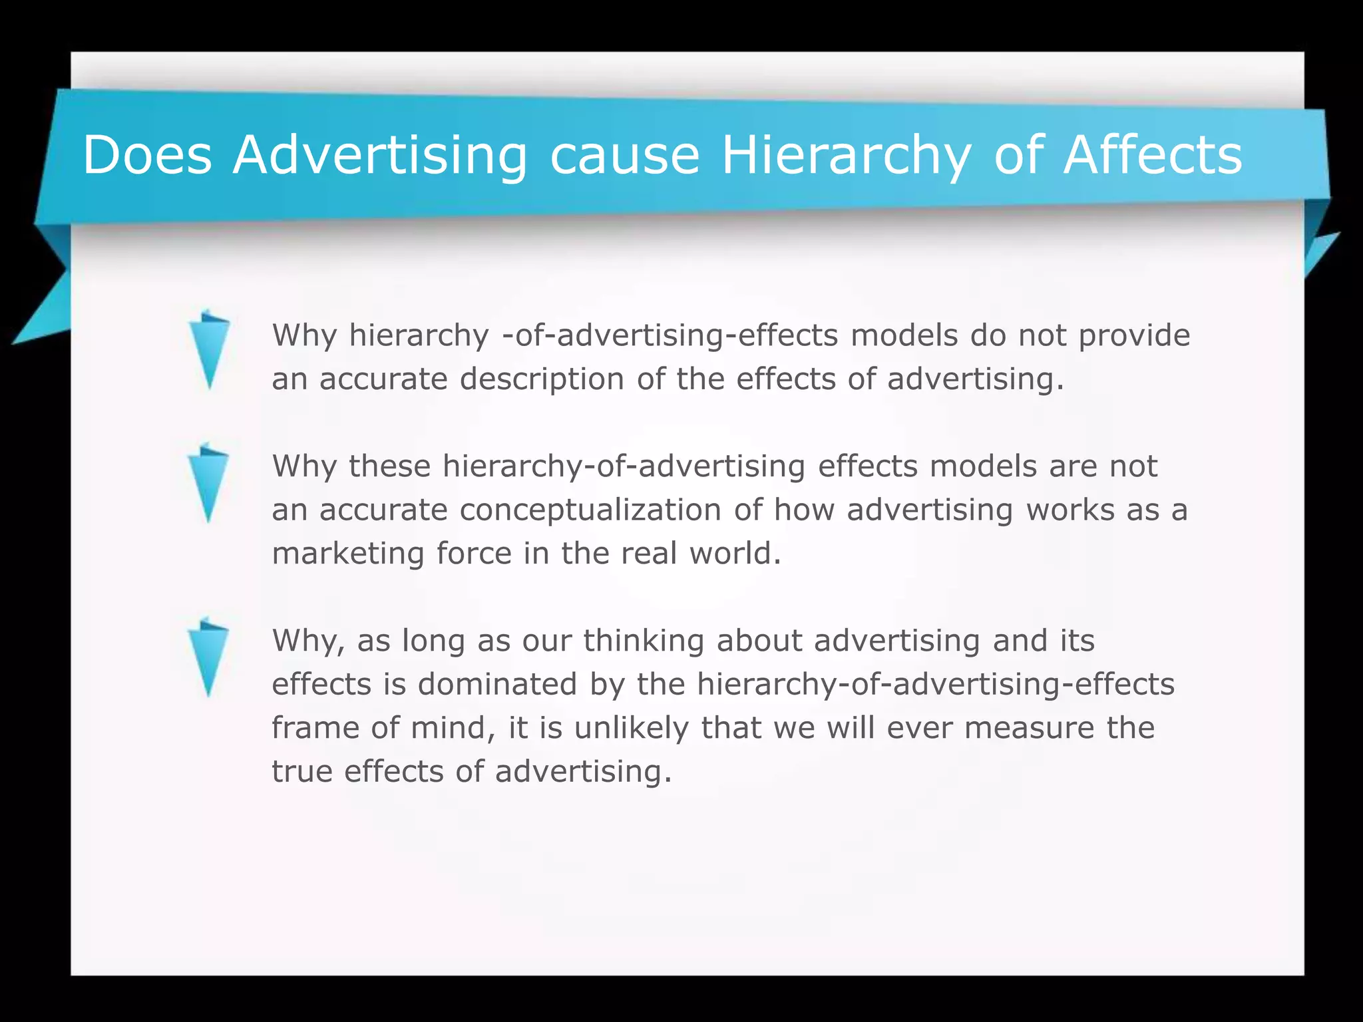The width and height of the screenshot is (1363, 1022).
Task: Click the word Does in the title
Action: coord(147,155)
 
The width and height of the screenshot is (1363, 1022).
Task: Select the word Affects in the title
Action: coord(1152,155)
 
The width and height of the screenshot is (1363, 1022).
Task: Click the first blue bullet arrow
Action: coord(209,349)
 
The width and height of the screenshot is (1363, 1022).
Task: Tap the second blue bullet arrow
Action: coord(208,482)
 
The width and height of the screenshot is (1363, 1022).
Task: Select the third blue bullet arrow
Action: coord(208,657)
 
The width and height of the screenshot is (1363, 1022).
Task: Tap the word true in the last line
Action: coord(302,772)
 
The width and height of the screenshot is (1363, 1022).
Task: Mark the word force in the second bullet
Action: coord(474,554)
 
